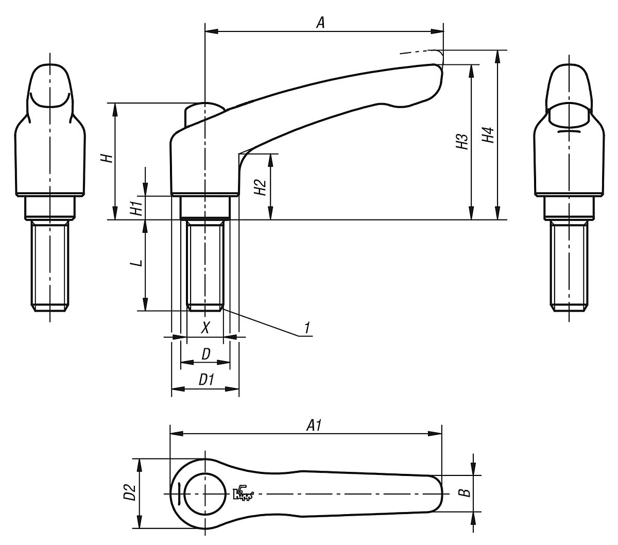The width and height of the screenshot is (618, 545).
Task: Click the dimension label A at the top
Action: pyautogui.click(x=320, y=23)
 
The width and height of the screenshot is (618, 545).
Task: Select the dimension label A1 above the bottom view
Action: pyautogui.click(x=314, y=425)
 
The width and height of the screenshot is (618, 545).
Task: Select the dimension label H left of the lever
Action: pyautogui.click(x=107, y=158)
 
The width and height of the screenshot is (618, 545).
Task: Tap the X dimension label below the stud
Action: pyautogui.click(x=205, y=328)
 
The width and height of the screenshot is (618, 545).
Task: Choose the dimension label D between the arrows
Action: pyautogui.click(x=205, y=354)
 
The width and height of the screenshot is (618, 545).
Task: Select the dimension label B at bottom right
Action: pyautogui.click(x=465, y=493)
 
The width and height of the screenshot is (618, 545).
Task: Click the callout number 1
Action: pyautogui.click(x=306, y=328)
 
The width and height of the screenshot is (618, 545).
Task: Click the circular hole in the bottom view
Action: pyautogui.click(x=205, y=492)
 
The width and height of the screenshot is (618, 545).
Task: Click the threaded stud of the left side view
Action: pyautogui.click(x=50, y=265)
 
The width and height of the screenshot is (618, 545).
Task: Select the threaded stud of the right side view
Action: pyautogui.click(x=568, y=265)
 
